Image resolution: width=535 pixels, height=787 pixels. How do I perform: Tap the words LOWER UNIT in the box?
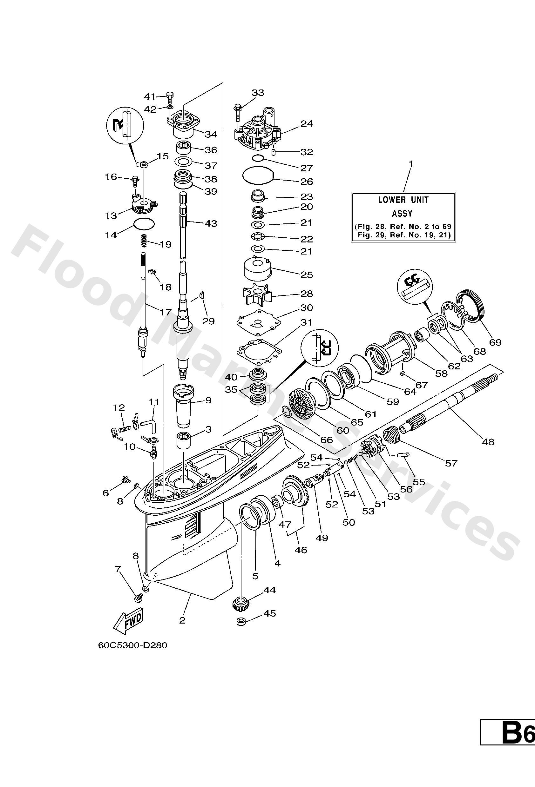[x=403, y=200]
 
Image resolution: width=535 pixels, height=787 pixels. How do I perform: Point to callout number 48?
[x=488, y=442]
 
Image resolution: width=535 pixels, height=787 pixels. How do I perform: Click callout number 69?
[x=495, y=342]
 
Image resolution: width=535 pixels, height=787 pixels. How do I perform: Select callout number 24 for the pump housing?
[x=307, y=124]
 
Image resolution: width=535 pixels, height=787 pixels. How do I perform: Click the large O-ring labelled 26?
[x=258, y=175]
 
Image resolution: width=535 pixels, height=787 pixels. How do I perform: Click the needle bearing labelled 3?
[x=183, y=440]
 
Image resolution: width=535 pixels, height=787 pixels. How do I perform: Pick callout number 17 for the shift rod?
[x=166, y=312]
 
